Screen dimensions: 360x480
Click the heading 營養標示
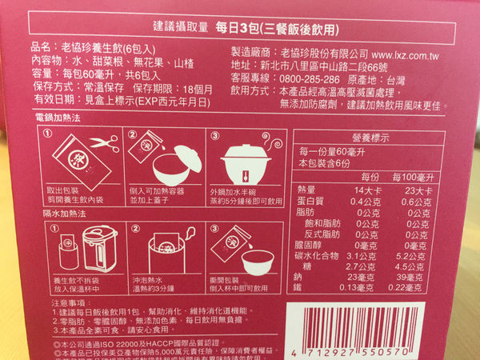[x=371, y=136]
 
